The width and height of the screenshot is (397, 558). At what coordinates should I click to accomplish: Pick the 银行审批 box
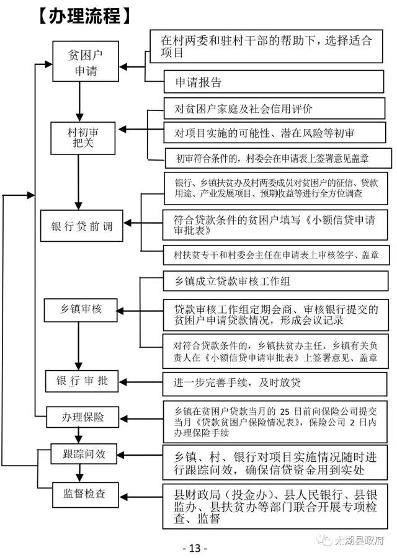82,381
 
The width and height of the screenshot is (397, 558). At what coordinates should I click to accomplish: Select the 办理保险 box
83,415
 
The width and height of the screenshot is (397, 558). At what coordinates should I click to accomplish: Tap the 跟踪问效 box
83,454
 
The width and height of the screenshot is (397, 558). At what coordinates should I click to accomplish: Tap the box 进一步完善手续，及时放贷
277,383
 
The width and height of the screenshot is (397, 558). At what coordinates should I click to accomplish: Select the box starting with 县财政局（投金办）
277,506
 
